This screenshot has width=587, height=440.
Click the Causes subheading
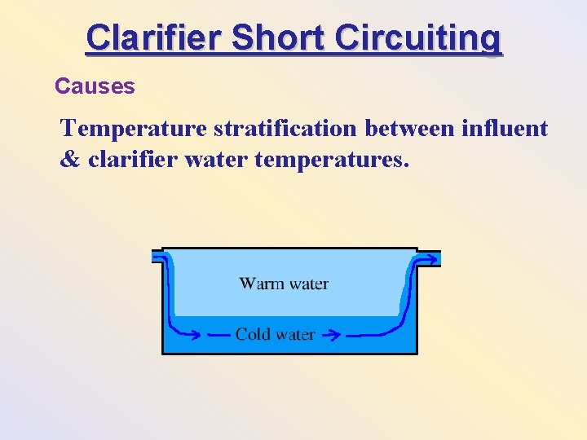(x=95, y=86)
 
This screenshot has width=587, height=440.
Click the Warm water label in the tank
(x=284, y=284)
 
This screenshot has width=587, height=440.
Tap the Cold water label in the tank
(x=275, y=334)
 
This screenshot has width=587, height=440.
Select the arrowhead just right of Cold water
(x=332, y=334)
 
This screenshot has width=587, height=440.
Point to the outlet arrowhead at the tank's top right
(x=431, y=258)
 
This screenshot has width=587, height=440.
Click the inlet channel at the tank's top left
(x=157, y=256)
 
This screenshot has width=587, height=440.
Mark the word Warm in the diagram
(x=260, y=284)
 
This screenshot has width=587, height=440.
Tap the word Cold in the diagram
(x=252, y=334)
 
